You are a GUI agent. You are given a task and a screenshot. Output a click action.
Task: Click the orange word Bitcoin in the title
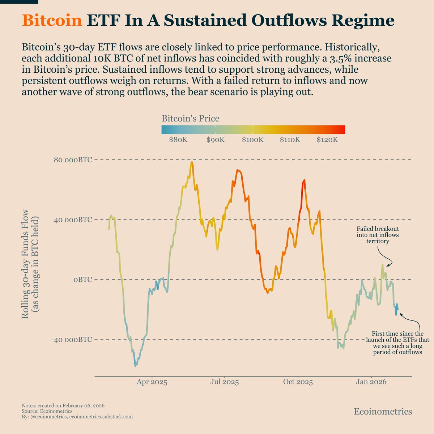pos(52,21)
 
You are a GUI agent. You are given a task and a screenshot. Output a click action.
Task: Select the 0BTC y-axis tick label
pos(82,280)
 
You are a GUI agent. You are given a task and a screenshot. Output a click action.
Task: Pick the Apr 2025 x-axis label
pos(152,382)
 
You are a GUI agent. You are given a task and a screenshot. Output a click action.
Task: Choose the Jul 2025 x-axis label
pos(224,382)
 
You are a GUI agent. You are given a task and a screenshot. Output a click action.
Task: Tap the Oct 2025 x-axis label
pos(298,382)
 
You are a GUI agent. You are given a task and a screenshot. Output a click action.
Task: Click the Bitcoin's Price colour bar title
pos(190,119)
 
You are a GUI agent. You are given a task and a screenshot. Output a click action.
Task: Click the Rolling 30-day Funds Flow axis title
pos(30,268)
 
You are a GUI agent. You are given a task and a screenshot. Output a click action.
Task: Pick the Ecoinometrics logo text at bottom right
pos(383,412)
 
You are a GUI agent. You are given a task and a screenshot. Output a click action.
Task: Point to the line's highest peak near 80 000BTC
pos(192,162)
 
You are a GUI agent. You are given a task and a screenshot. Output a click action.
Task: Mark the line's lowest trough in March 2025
pos(136,366)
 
